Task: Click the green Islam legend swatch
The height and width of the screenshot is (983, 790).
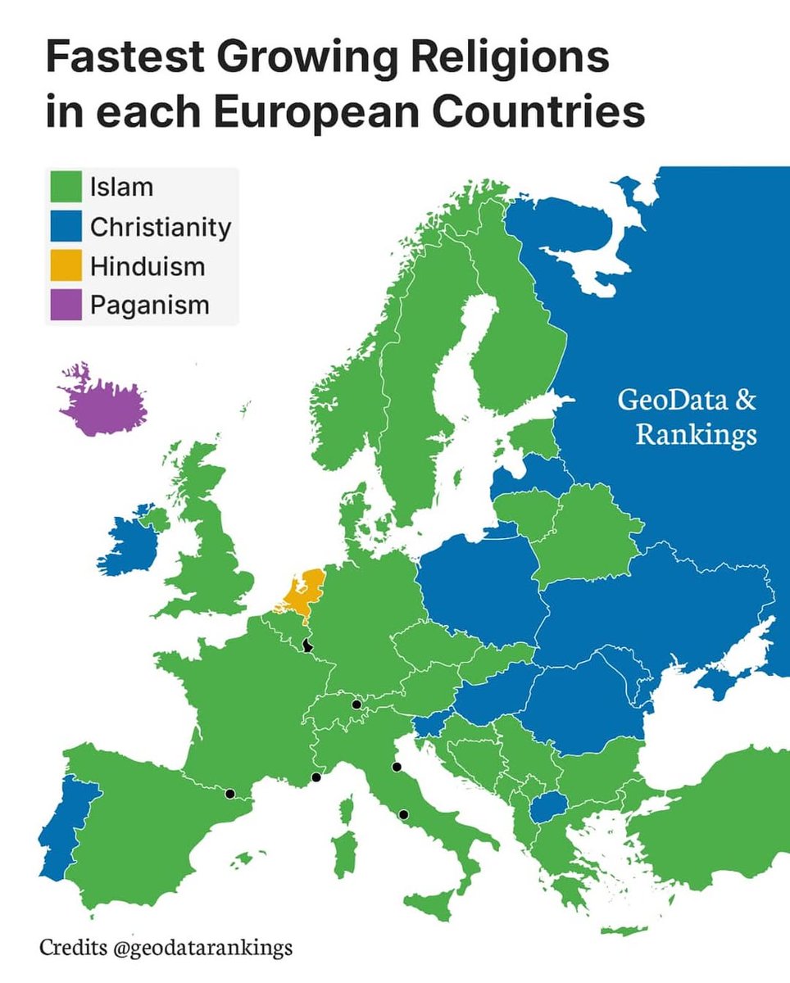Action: point(65,186)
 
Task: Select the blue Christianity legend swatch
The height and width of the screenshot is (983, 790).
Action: point(65,226)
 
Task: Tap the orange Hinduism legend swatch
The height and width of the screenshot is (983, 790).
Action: point(65,265)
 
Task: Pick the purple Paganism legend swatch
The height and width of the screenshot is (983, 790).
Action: point(65,305)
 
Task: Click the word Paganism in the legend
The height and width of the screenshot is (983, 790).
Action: point(150,306)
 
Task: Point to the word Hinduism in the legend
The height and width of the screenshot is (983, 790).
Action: point(148,266)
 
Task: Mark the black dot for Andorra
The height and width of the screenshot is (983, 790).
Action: point(230,793)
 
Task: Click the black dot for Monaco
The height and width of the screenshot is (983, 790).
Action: point(316,777)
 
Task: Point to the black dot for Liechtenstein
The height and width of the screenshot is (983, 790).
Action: point(356,704)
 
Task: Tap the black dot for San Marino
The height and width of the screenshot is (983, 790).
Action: point(397,768)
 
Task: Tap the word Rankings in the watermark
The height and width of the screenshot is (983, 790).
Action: point(697,435)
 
